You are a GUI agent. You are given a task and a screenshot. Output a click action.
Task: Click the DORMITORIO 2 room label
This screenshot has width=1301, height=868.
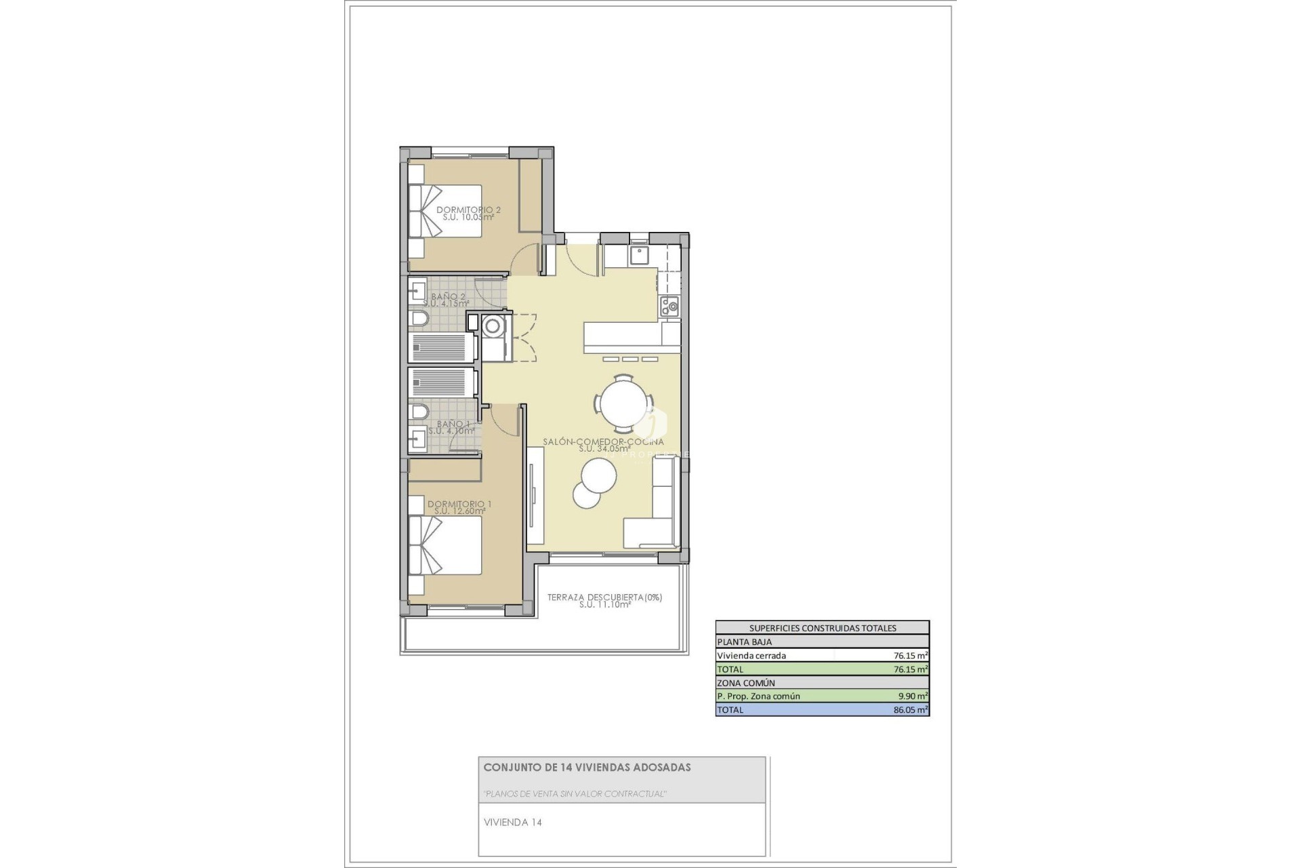pos(468,210)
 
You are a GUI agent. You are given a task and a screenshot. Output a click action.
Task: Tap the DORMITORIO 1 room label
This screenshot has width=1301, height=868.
pos(459,505)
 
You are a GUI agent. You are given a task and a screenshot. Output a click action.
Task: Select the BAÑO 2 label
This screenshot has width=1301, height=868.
pos(449,297)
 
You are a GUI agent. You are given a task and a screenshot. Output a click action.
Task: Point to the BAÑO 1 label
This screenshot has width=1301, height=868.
pos(453,425)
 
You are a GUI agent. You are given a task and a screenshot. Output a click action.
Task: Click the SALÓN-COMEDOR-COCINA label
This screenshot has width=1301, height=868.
pos(603,442)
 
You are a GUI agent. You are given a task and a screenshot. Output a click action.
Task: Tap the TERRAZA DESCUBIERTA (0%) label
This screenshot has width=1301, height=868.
pos(604,598)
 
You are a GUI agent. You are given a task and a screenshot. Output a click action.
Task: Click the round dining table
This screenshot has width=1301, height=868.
pos(624,404)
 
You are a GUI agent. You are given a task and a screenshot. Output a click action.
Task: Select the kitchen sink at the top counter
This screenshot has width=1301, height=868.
pos(638,255)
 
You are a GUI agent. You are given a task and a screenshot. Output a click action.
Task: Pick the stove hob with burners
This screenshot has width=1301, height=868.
pos(669,307)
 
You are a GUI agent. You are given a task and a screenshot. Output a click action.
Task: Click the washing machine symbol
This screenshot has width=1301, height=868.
pos(493,326)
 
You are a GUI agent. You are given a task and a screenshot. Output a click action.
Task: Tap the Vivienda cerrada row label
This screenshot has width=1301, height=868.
pos(751,656)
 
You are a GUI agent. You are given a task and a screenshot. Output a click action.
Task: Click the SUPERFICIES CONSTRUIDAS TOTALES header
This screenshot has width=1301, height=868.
pos(822,628)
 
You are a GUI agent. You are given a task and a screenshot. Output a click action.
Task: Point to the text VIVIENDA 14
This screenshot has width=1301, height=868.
pos(512,823)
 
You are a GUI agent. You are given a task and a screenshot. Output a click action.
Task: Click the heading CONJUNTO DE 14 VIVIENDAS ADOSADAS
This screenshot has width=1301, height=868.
pos(587,768)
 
